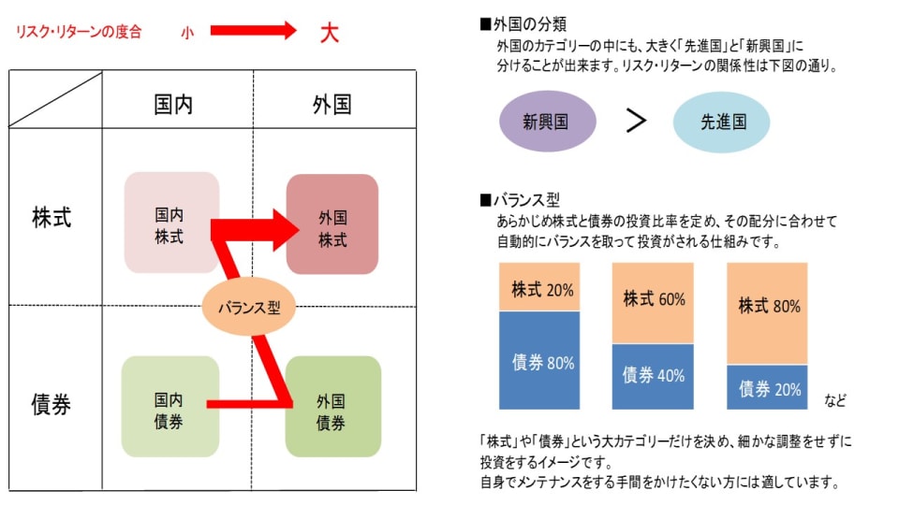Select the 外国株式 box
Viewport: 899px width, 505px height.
[x=332, y=224]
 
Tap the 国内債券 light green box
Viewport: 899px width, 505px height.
[x=170, y=408]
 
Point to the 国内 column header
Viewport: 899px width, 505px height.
[x=173, y=104]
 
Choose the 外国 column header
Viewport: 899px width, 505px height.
[x=332, y=104]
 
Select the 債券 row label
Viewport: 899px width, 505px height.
[x=52, y=405]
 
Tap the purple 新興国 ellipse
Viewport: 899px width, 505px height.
[x=547, y=122]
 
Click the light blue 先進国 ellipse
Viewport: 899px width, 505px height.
[x=722, y=122]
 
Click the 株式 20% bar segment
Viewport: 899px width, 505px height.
[x=539, y=288]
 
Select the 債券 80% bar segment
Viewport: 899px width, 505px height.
[x=539, y=361]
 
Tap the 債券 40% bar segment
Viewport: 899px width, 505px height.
[x=654, y=376]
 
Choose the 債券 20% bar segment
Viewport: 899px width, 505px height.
[x=769, y=387]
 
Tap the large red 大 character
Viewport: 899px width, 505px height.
[x=329, y=34]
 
